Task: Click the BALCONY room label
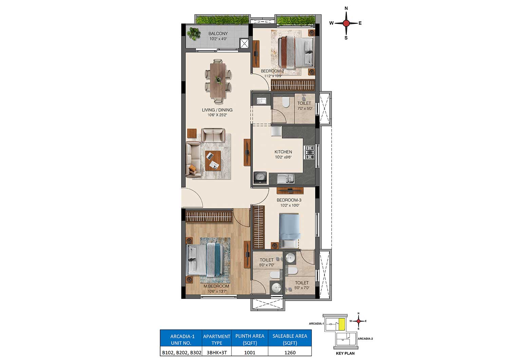point(218,33)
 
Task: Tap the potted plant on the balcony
point(194,34)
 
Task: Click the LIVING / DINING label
point(217,110)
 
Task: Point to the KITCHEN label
point(283,152)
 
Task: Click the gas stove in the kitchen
point(309,152)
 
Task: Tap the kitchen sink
point(286,178)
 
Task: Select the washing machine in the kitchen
point(260,178)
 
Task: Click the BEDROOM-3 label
point(289,200)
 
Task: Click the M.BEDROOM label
point(216,286)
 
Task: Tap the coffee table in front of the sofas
point(213,161)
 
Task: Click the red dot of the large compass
point(346,23)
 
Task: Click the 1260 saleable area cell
point(290,353)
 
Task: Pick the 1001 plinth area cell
point(250,353)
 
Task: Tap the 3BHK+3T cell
point(216,353)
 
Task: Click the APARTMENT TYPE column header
point(216,340)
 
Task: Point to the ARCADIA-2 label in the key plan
point(365,339)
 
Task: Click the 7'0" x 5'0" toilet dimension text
point(305,109)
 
